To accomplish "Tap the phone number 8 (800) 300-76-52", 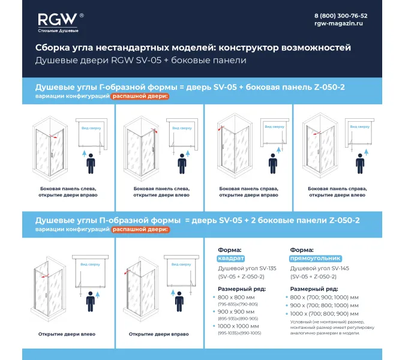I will (x=341, y=16).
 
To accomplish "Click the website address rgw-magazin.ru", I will (x=339, y=24).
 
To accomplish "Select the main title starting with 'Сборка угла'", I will (x=193, y=48).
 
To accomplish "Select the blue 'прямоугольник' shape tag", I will (x=311, y=259).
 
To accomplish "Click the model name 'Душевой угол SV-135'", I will (x=246, y=268).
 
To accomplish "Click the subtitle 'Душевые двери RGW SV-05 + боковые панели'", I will (x=141, y=61).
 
